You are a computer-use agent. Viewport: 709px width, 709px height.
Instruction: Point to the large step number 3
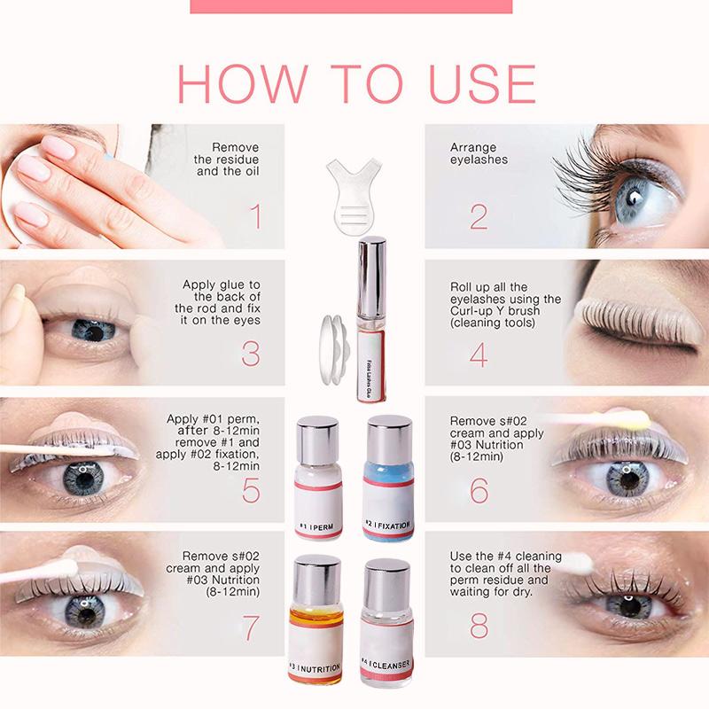pos(250,353)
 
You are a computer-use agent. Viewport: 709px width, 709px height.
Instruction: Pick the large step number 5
pos(250,489)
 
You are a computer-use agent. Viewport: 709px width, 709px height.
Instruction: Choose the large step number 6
pos(479,489)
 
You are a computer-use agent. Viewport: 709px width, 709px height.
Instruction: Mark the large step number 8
pos(479,626)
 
